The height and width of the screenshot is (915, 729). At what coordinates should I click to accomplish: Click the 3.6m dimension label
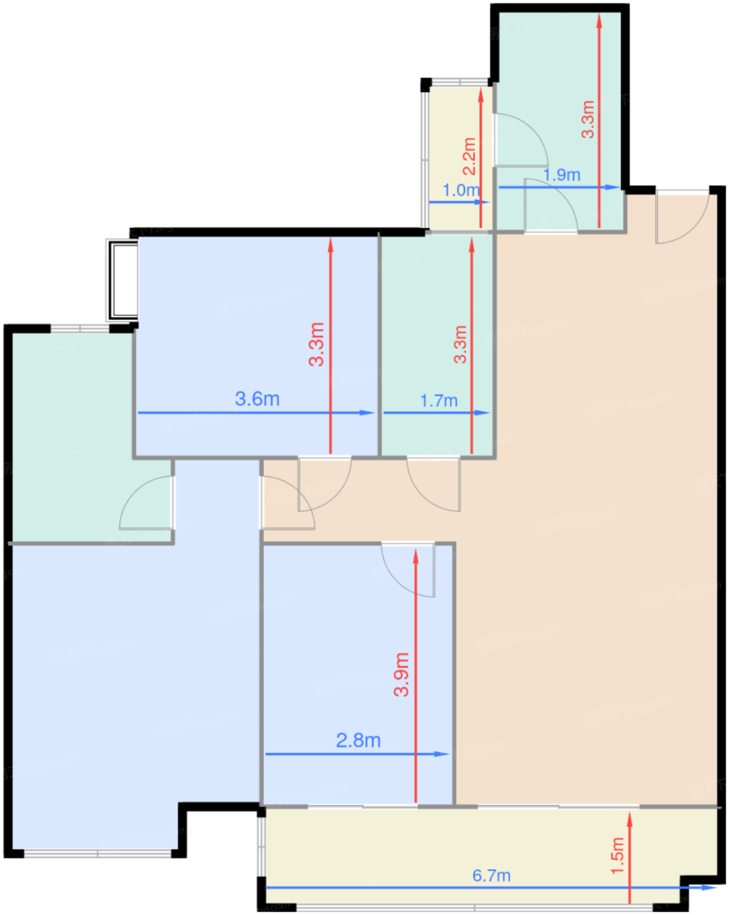[x=257, y=399]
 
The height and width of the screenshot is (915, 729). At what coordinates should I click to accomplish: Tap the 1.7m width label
[x=439, y=401]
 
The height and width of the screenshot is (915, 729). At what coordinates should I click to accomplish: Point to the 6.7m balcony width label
[x=491, y=875]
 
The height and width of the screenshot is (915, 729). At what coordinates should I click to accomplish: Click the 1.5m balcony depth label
[x=617, y=856]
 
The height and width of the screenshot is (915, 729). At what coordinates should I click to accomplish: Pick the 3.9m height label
[x=401, y=674]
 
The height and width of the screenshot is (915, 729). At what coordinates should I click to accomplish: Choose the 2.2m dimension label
[x=469, y=156]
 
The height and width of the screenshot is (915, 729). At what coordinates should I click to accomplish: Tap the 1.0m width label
[x=462, y=190]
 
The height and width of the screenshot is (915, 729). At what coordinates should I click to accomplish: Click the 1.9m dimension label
[x=562, y=175]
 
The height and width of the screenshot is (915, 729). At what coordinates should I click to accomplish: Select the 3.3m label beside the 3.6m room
[x=316, y=344]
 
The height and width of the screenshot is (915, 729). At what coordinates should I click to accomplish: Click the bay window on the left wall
[x=122, y=280]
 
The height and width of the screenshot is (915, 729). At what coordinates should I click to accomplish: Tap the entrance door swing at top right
[x=682, y=217]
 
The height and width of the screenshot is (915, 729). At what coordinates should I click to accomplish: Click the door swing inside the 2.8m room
[x=408, y=569]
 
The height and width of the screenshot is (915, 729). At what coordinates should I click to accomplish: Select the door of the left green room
[x=147, y=503]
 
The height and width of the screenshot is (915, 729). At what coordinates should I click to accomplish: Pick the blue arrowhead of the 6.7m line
[x=709, y=888]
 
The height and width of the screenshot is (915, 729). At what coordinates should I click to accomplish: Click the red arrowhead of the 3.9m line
[x=415, y=557]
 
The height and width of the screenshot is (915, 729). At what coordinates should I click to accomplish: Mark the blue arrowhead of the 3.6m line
[x=367, y=412]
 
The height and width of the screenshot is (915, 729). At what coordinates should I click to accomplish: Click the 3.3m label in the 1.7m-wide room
[x=460, y=344]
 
